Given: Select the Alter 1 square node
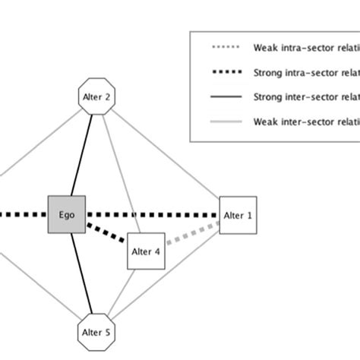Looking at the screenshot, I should pos(238,216).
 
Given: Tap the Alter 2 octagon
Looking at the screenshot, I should pos(96,97).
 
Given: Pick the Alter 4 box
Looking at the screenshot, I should pos(146,251).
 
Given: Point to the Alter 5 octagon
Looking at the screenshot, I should pos(96,331).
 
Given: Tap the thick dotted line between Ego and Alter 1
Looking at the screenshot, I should pos(152,215).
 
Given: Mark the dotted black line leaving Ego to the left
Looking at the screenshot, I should pos(23,215).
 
